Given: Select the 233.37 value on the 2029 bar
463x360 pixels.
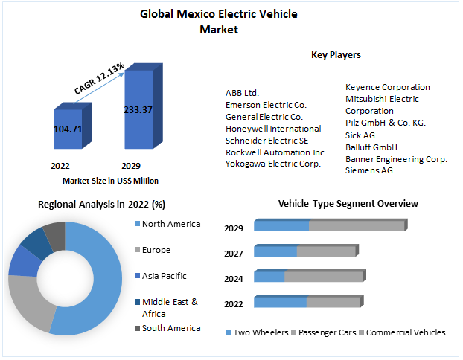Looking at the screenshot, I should [x=138, y=109].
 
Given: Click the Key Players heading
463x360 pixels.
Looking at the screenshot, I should [x=336, y=54].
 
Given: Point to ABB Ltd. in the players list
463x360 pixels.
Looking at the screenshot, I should [x=242, y=93].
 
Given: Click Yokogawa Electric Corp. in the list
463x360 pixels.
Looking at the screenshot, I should [x=273, y=164].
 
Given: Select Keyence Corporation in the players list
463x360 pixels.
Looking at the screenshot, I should [x=388, y=87].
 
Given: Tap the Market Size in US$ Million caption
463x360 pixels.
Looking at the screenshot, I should [x=110, y=181].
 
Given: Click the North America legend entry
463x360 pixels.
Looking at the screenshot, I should [x=170, y=224].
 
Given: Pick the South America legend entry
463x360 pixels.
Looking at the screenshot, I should [x=170, y=328].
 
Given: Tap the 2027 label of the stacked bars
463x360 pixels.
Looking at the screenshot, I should [x=234, y=254].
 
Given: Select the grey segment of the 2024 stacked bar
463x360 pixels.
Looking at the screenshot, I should [x=323, y=277].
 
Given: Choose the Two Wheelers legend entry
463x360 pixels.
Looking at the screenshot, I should [x=261, y=332].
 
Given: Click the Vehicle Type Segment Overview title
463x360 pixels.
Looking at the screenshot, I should [x=348, y=204].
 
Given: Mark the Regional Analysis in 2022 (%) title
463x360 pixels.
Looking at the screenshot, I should [x=101, y=204].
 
